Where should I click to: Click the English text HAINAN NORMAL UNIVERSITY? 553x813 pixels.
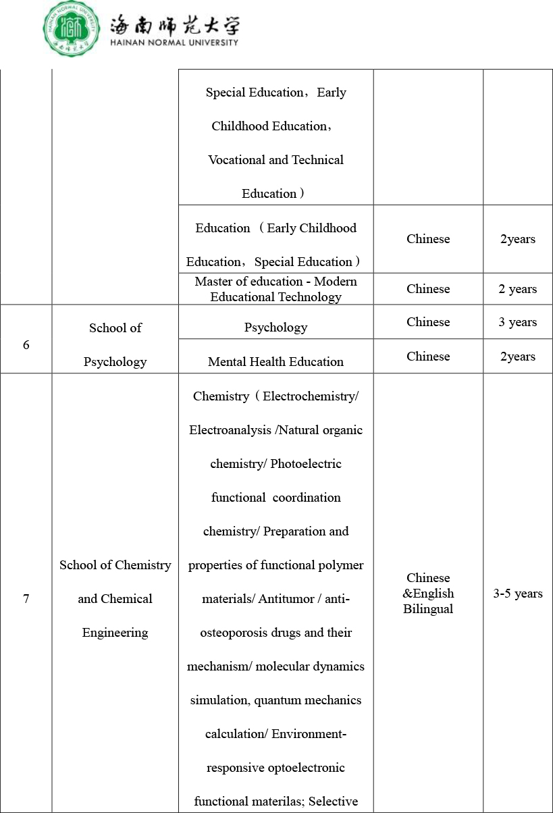[x=174, y=43]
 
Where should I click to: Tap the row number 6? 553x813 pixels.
[x=26, y=345]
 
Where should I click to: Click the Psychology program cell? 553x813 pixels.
[x=275, y=327]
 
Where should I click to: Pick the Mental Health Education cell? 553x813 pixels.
[x=275, y=362]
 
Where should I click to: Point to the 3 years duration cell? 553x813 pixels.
[x=517, y=322]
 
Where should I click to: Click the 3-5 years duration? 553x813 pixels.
[x=517, y=594]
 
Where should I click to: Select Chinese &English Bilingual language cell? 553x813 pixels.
[x=428, y=594]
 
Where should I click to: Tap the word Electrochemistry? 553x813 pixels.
[x=310, y=396]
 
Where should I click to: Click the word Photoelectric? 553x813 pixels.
[x=306, y=464]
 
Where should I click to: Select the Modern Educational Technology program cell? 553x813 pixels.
[x=275, y=289]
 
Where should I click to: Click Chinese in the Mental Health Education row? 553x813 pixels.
[x=428, y=357]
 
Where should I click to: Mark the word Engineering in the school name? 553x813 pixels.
[x=115, y=633]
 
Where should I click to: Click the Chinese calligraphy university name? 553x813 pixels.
[x=174, y=26]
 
